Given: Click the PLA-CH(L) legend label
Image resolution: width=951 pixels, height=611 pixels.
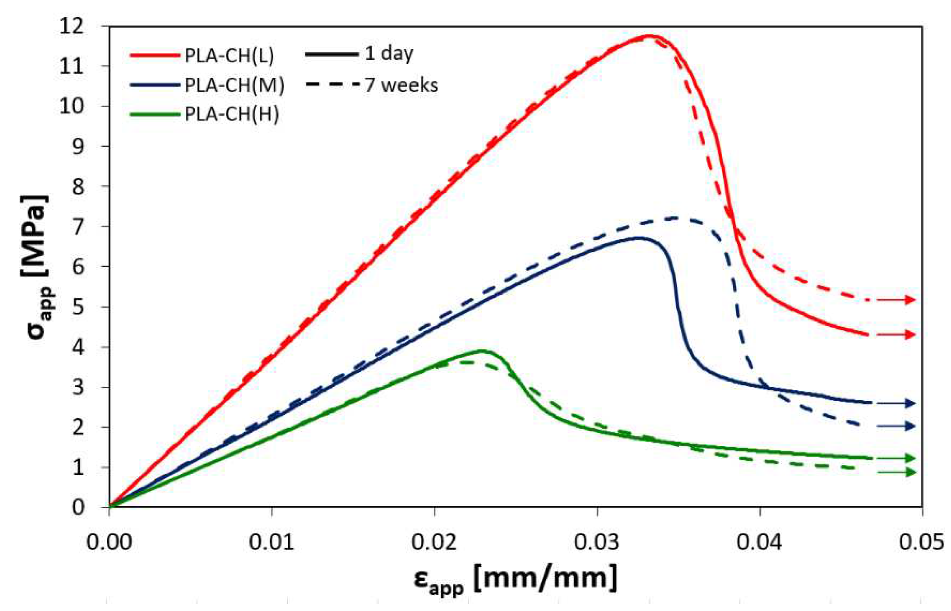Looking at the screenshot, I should pyautogui.click(x=229, y=56).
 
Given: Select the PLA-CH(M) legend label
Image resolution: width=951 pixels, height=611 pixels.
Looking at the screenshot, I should pyautogui.click(x=234, y=85).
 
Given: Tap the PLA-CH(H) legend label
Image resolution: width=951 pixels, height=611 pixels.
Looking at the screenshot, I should pyautogui.click(x=232, y=114).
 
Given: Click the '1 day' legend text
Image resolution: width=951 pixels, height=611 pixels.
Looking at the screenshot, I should pyautogui.click(x=389, y=54).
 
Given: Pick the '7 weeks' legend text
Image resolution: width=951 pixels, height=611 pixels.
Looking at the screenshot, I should pyautogui.click(x=401, y=85).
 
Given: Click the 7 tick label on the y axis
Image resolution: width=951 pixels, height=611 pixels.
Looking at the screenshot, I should pyautogui.click(x=78, y=227).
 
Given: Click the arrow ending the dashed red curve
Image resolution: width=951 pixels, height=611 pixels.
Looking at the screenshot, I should pyautogui.click(x=896, y=300).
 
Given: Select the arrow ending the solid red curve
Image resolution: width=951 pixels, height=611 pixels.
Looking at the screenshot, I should pyautogui.click(x=896, y=335).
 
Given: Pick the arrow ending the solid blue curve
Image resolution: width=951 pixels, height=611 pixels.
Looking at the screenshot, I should pyautogui.click(x=896, y=404).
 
